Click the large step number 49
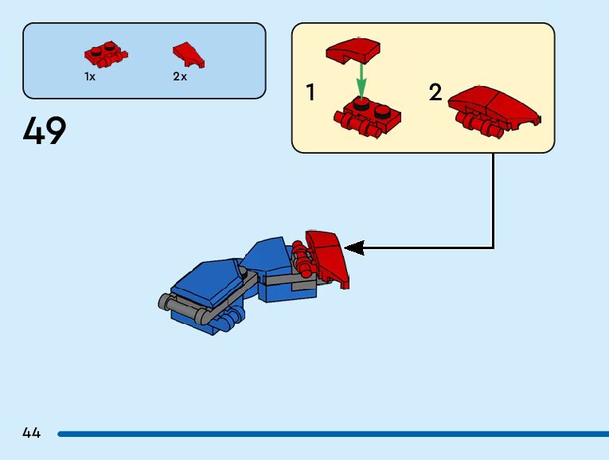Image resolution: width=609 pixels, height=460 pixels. pyautogui.click(x=45, y=131)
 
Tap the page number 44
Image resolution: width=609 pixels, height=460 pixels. pyautogui.click(x=31, y=433)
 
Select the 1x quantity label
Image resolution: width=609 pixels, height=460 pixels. pyautogui.click(x=90, y=77)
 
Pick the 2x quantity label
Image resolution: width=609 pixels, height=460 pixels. pyautogui.click(x=180, y=77)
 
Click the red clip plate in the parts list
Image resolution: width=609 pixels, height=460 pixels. pyautogui.click(x=105, y=56)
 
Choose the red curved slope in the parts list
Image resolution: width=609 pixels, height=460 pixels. pyautogui.click(x=189, y=54)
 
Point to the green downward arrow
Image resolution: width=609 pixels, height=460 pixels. pyautogui.click(x=361, y=80)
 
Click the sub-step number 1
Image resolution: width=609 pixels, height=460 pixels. pyautogui.click(x=310, y=93)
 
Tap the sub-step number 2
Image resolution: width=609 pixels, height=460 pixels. pyautogui.click(x=435, y=93)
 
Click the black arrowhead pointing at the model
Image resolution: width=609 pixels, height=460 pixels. pyautogui.click(x=354, y=248)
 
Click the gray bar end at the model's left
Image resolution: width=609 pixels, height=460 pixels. pyautogui.click(x=164, y=302)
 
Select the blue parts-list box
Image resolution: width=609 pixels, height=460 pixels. pyautogui.click(x=144, y=60)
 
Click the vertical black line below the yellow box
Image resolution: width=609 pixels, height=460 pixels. pyautogui.click(x=494, y=199)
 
